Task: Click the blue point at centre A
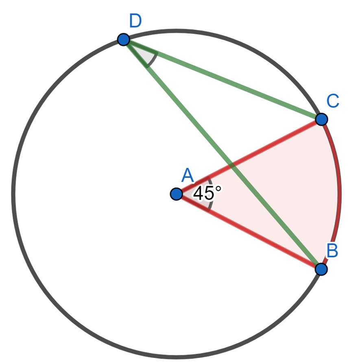click(x=176, y=194)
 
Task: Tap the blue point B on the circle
click(x=321, y=269)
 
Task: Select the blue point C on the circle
click(x=321, y=119)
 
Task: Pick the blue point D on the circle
click(x=124, y=39)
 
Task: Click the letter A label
click(x=188, y=175)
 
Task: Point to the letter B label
click(x=332, y=250)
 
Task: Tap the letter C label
click(x=333, y=101)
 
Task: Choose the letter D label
click(x=135, y=21)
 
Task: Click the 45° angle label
click(x=207, y=193)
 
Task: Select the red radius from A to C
click(x=249, y=157)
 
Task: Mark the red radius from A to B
click(x=249, y=232)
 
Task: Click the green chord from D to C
click(x=223, y=79)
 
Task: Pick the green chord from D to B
click(x=223, y=154)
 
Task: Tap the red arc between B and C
click(x=339, y=194)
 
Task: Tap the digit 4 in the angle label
click(x=199, y=194)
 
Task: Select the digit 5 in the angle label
click(x=209, y=194)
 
